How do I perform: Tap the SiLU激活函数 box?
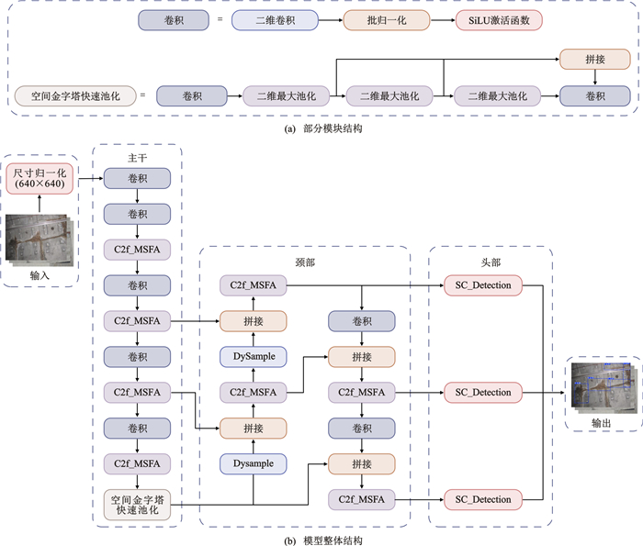pyautogui.click(x=498, y=18)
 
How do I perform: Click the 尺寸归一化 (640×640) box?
pyautogui.click(x=39, y=177)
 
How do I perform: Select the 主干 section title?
pyautogui.click(x=138, y=157)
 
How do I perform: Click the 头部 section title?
pyautogui.click(x=490, y=262)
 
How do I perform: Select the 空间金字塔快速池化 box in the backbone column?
pyautogui.click(x=138, y=506)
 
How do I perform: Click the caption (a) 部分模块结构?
pyautogui.click(x=322, y=129)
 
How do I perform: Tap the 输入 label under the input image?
pyautogui.click(x=39, y=275)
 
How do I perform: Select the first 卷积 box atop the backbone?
pyautogui.click(x=138, y=180)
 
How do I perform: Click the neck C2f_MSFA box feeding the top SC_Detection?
pyautogui.click(x=253, y=286)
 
